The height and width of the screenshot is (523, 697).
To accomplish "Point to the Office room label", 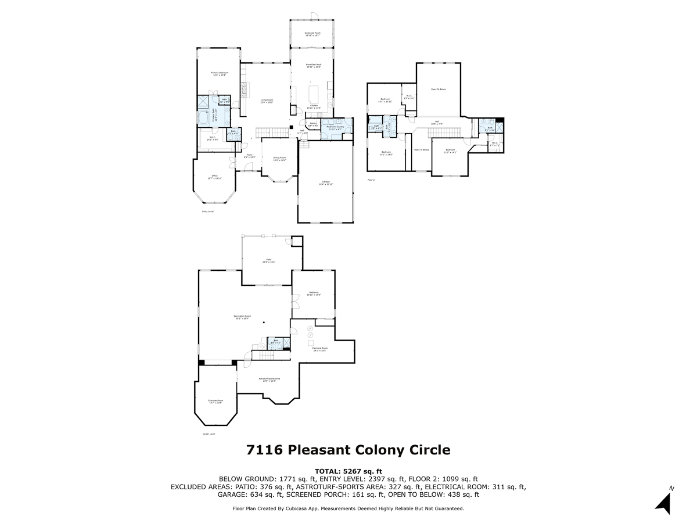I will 214,177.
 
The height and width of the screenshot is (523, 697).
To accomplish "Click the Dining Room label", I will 279,159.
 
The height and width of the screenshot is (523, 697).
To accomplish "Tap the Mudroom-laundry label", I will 336,127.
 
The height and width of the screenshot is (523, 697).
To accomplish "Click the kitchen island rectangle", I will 314,93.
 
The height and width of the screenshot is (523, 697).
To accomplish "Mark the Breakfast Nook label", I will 312,65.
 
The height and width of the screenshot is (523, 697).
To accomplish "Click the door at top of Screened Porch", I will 312,15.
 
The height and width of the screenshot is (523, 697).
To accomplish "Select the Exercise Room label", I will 215,402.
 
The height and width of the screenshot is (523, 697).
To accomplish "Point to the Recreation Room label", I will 243,317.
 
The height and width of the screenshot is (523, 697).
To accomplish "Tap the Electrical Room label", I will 320,349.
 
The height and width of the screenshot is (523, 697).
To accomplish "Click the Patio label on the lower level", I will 268,261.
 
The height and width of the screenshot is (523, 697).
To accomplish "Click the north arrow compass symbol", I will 664,500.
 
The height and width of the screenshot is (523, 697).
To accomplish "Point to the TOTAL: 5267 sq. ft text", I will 348,471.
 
